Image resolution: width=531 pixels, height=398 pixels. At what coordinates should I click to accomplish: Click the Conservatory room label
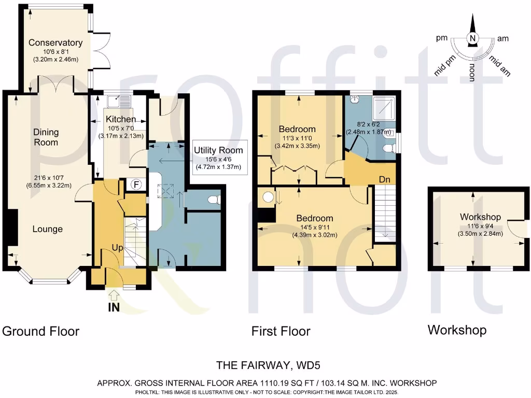55,42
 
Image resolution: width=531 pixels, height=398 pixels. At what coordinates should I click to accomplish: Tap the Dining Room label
46,137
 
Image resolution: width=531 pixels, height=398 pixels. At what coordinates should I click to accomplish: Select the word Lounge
47,229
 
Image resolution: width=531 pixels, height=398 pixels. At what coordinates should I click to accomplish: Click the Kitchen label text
121,120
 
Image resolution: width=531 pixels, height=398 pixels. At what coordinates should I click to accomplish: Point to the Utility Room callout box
218,159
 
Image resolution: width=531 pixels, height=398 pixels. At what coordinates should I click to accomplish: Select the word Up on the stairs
118,248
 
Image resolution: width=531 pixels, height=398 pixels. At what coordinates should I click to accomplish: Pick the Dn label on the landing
384,179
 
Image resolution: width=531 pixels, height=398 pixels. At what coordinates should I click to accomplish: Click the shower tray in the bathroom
384,107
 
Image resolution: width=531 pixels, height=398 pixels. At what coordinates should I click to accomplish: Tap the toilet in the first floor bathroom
387,150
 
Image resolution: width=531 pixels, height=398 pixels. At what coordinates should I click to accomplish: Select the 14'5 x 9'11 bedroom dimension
315,227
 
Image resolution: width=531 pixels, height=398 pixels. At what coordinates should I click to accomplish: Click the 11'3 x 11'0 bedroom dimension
297,137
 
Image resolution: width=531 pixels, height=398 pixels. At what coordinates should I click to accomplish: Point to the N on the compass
472,38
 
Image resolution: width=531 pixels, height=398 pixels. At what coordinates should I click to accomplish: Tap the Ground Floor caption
41,331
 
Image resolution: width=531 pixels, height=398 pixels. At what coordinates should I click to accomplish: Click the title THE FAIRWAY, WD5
267,366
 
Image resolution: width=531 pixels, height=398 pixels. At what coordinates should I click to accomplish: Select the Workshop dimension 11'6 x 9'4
479,226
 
